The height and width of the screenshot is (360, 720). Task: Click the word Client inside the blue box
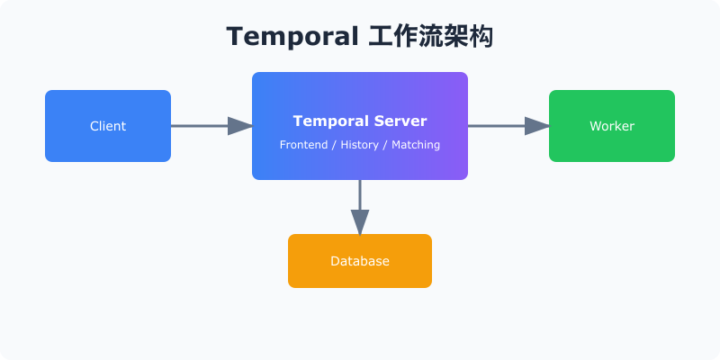(x=108, y=126)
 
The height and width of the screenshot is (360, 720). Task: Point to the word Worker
(x=612, y=126)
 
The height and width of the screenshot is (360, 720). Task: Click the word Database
(x=360, y=261)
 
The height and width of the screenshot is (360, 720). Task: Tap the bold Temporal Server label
(x=360, y=121)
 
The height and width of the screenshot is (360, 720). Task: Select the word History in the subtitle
(x=360, y=144)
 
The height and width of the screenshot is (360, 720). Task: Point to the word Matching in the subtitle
(x=416, y=144)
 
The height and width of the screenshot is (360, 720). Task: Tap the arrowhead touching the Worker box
(x=537, y=126)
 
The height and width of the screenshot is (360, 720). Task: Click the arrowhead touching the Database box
(x=360, y=222)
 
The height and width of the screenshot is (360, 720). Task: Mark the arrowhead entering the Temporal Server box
(x=240, y=126)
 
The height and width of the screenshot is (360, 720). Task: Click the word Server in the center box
(x=398, y=121)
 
